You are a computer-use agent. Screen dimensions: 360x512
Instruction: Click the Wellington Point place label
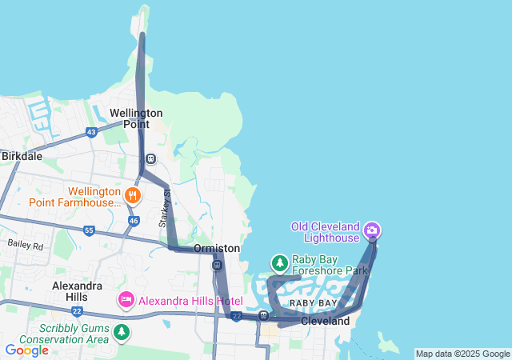point(136,118)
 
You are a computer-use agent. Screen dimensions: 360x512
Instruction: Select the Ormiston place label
point(217,249)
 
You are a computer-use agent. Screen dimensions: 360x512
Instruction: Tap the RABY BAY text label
point(313,304)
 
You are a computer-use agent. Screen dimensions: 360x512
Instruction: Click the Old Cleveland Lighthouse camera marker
point(372,231)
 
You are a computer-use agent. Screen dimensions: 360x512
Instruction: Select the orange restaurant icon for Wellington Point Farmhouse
point(133,194)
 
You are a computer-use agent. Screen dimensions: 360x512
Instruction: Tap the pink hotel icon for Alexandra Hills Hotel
point(126,301)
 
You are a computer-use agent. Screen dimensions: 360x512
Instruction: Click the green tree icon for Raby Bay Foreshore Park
point(279,262)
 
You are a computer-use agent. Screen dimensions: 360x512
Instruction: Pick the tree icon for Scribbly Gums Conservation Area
point(122,331)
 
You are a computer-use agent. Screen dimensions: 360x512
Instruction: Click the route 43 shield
point(91,132)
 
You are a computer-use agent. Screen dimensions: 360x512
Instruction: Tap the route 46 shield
point(133,220)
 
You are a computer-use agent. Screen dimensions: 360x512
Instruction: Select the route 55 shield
point(89,230)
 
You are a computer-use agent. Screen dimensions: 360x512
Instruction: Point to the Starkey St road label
point(165,210)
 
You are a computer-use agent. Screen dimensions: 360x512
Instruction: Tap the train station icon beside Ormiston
point(217,265)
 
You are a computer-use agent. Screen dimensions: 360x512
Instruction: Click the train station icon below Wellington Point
point(150,158)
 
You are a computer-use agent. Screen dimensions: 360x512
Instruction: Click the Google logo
point(26,350)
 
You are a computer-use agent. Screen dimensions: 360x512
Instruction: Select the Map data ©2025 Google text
point(462,354)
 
